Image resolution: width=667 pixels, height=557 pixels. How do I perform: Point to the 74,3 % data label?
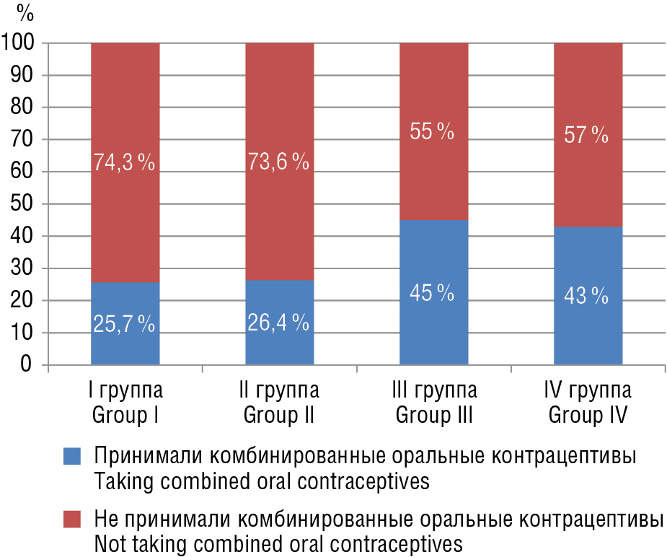click(125, 163)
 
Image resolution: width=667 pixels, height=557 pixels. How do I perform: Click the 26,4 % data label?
click(279, 324)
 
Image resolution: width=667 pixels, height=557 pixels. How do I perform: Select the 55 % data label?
click(433, 132)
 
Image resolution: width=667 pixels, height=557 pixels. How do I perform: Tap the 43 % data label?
click(587, 296)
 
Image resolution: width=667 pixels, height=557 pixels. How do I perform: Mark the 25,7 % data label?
click(125, 325)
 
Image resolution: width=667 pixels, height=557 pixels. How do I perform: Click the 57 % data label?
click(587, 134)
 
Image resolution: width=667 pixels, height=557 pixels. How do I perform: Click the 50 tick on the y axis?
click(25, 204)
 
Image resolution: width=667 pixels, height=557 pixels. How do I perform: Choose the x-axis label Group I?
click(125, 416)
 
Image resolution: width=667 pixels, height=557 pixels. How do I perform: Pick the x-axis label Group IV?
click(588, 416)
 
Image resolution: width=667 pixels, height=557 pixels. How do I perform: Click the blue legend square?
click(74, 456)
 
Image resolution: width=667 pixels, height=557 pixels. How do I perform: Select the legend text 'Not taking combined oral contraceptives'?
click(278, 543)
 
